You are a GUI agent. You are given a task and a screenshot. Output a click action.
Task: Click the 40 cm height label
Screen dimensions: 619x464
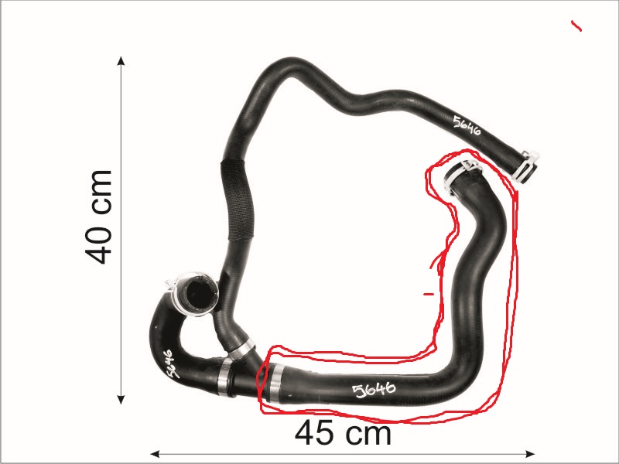[98, 217]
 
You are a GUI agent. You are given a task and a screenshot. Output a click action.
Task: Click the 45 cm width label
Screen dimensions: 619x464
[343, 433]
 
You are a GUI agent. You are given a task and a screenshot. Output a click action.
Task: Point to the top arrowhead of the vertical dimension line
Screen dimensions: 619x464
[121, 60]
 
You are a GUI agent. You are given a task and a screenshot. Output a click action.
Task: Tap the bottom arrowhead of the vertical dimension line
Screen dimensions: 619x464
[121, 399]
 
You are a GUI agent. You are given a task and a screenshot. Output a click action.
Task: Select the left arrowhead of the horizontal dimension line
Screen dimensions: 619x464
[155, 454]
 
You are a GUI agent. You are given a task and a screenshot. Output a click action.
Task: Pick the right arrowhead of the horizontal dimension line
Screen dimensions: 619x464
[531, 454]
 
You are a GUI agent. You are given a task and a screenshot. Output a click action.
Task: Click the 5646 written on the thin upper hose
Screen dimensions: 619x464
[467, 126]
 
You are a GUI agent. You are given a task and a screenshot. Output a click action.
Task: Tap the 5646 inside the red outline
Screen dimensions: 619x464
[374, 390]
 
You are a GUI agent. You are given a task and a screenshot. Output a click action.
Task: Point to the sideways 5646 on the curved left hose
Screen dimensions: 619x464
[169, 363]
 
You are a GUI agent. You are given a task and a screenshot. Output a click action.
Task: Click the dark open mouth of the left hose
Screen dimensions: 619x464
[197, 293]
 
